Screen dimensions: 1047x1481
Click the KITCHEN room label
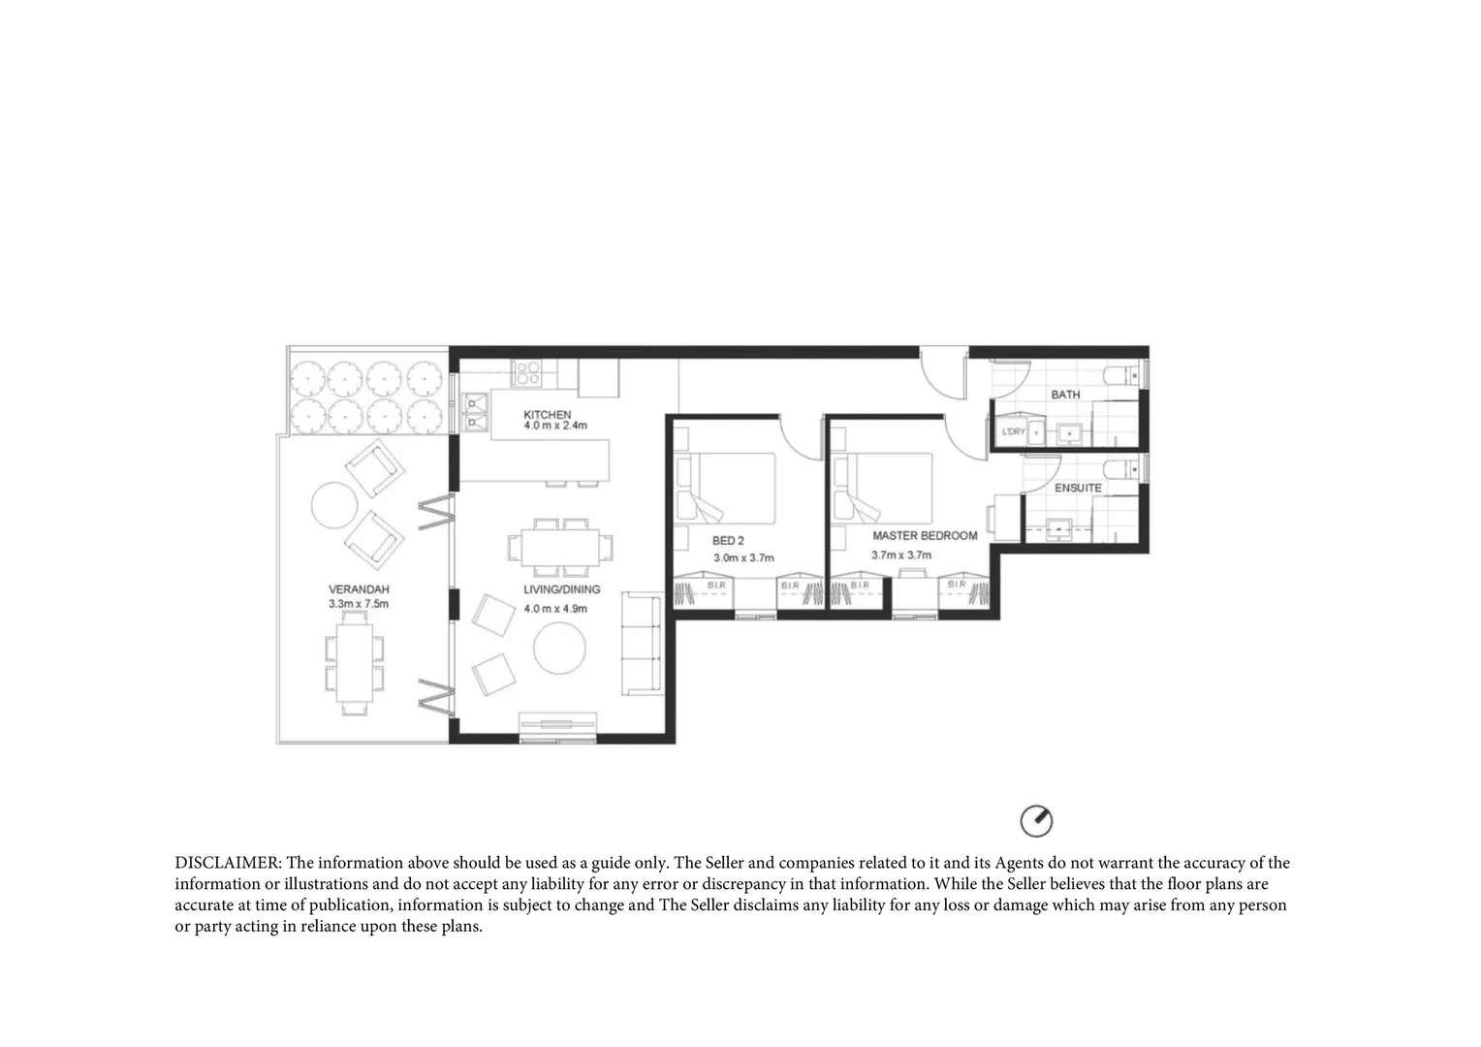[x=547, y=414]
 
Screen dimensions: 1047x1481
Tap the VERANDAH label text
[x=358, y=588]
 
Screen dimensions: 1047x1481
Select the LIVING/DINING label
[x=561, y=589]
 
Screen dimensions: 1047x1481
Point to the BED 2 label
[x=728, y=540]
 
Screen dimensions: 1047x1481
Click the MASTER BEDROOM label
[x=925, y=535]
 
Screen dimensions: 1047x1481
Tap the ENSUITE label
[x=1078, y=488]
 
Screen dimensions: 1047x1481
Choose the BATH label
[x=1065, y=395]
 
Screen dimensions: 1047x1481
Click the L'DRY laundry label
[x=1013, y=431]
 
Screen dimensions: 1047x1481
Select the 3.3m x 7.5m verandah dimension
[x=358, y=604]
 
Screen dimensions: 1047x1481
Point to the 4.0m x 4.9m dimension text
[x=555, y=609]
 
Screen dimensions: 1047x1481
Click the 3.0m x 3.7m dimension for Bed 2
[x=743, y=557]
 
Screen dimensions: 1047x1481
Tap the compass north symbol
[x=1036, y=821]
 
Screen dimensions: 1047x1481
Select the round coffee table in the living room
[x=559, y=648]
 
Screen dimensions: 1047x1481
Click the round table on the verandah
[x=334, y=505]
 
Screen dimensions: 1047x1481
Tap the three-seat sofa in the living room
[x=641, y=644]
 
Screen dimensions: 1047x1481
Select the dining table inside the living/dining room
[x=561, y=546]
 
